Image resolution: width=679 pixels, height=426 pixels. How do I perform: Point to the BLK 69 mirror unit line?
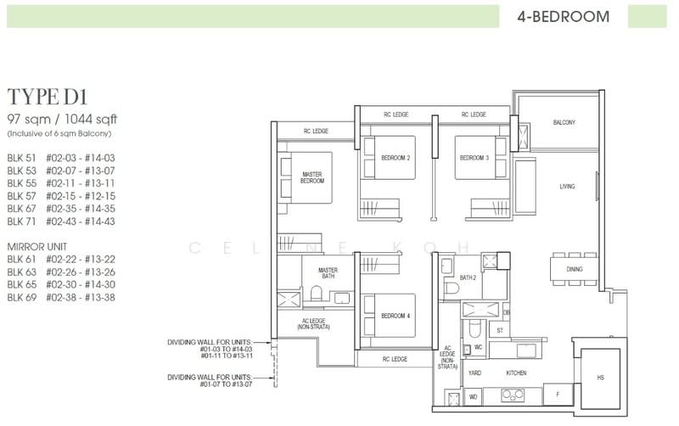61,298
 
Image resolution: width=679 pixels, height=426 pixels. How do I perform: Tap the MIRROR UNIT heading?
36,246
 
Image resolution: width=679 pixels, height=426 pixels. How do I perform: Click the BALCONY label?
564,123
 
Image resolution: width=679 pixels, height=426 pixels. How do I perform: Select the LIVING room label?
567,187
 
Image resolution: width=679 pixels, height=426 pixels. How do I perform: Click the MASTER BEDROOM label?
312,177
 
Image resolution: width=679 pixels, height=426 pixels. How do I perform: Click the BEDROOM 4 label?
395,316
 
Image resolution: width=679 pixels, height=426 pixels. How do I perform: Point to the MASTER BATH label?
328,273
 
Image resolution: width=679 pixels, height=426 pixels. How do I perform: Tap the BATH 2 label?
468,277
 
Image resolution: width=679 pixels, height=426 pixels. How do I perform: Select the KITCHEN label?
518,373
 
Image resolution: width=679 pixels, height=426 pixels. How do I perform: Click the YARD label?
474,373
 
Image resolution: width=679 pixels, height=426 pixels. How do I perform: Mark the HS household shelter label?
601,377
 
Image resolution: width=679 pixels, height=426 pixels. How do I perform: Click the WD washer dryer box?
473,395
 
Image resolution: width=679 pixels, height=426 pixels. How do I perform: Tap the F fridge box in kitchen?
557,395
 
